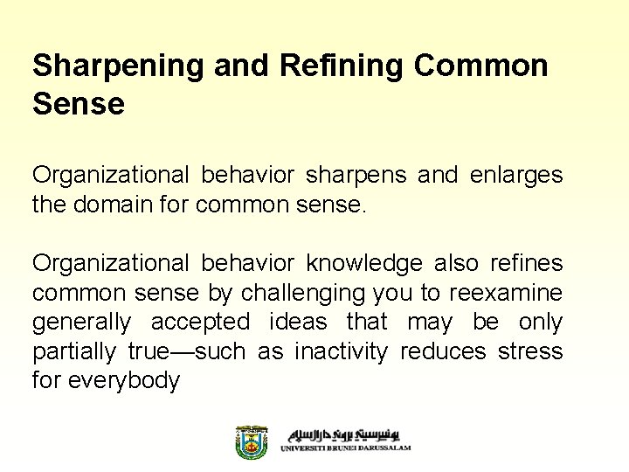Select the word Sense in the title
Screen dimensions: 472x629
pyautogui.click(x=79, y=104)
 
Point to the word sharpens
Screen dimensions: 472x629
pyautogui.click(x=356, y=175)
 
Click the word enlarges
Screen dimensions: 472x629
pyautogui.click(x=516, y=175)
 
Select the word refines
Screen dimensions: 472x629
pyautogui.click(x=527, y=263)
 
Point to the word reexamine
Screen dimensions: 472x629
pyautogui.click(x=508, y=293)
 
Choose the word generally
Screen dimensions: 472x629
pyautogui.click(x=81, y=323)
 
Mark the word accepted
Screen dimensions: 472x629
pyautogui.click(x=200, y=323)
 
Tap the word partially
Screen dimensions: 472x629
pyautogui.click(x=73, y=351)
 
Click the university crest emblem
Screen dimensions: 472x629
pyautogui.click(x=252, y=442)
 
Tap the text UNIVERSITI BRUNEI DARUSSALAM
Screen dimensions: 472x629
pyautogui.click(x=345, y=448)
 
